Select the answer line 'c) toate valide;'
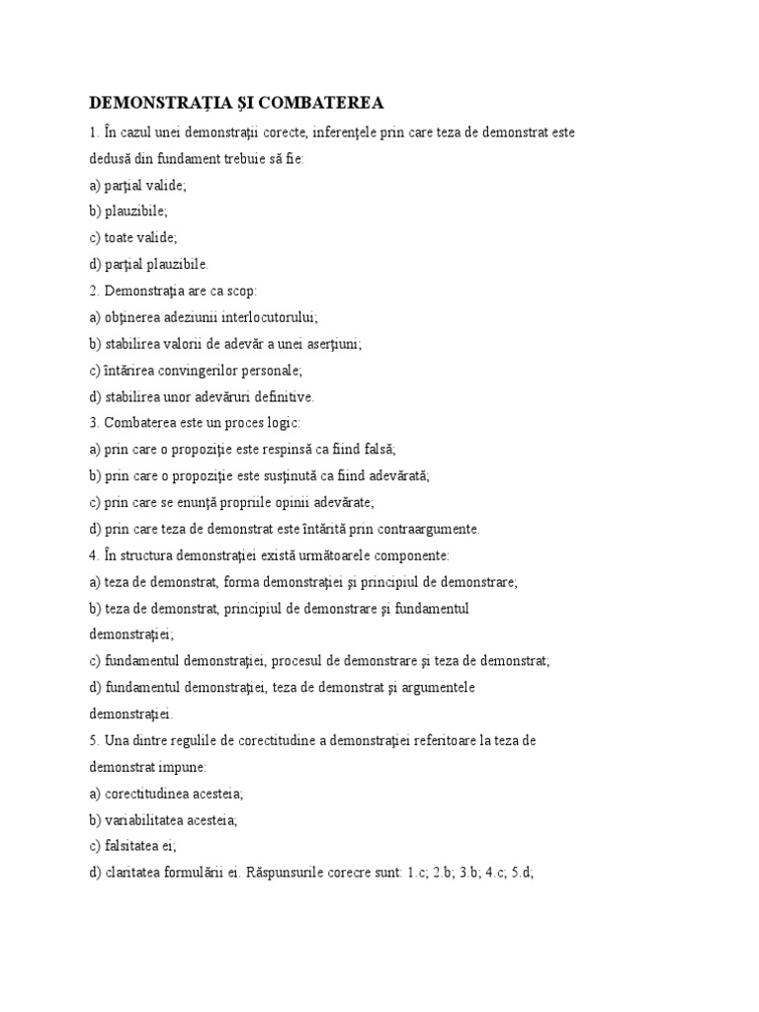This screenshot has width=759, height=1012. (132, 237)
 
